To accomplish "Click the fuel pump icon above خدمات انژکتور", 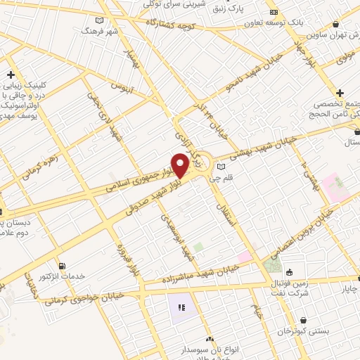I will pyautogui.click(x=63, y=266).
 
